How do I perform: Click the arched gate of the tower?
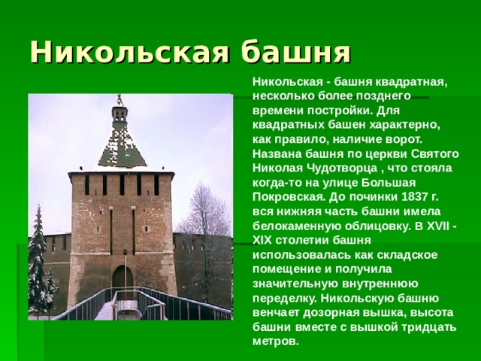click(x=122, y=278)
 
